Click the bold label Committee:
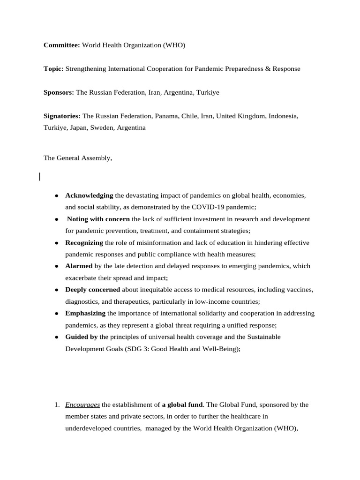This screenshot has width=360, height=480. (x=62, y=45)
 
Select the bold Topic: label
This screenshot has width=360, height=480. (x=53, y=69)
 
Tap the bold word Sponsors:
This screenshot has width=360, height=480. (x=59, y=93)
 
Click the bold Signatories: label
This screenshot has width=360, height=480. (x=62, y=116)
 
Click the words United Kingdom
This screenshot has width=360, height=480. (x=240, y=116)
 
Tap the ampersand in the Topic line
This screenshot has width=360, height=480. (x=268, y=69)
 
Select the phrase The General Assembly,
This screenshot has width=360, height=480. (x=78, y=158)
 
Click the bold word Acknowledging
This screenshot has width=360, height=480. (x=89, y=195)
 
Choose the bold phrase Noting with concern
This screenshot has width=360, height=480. (x=98, y=219)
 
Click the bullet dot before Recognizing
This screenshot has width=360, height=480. (x=56, y=243)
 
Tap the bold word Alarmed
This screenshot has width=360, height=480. (x=79, y=266)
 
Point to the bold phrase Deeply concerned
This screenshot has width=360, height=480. (x=92, y=290)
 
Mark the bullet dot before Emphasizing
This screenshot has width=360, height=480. (x=56, y=313)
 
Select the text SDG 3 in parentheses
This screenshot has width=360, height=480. (x=132, y=348)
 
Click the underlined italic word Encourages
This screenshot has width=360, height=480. (x=82, y=405)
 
